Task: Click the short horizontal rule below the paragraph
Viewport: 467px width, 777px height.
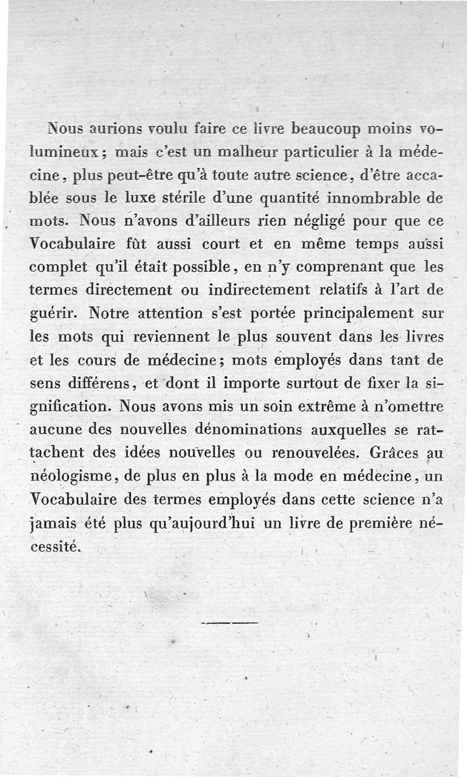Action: [x=229, y=623]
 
